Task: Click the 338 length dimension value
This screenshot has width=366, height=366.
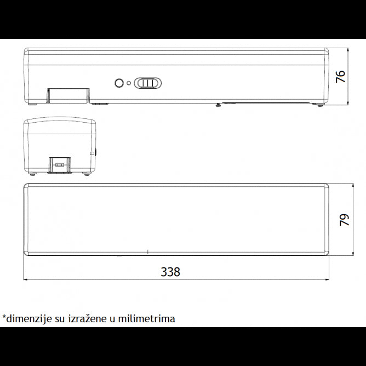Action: (170, 272)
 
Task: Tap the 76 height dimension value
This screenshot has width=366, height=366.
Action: (341, 76)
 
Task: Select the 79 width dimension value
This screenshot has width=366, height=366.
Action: (344, 220)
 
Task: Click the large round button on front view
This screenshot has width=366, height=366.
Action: (119, 83)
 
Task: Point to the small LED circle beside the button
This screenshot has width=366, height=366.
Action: (129, 83)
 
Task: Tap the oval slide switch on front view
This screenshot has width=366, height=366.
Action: (148, 83)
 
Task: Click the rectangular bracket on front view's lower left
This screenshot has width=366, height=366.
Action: (68, 95)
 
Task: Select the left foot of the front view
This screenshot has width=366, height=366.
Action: (33, 104)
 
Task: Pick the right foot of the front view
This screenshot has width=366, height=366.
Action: (319, 105)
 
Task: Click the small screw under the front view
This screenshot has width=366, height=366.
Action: (218, 105)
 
